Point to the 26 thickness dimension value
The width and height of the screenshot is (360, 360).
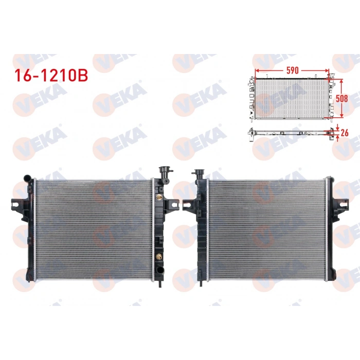tap(344, 133)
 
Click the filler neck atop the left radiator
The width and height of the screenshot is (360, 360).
tap(165, 172)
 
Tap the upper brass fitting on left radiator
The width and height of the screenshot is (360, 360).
tap(159, 196)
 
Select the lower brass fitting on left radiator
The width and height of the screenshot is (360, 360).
tap(159, 256)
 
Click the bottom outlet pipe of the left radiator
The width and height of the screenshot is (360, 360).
tap(161, 281)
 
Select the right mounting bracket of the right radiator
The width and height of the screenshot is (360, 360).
tap(339, 206)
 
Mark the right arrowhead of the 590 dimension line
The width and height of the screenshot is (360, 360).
tap(327, 70)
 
